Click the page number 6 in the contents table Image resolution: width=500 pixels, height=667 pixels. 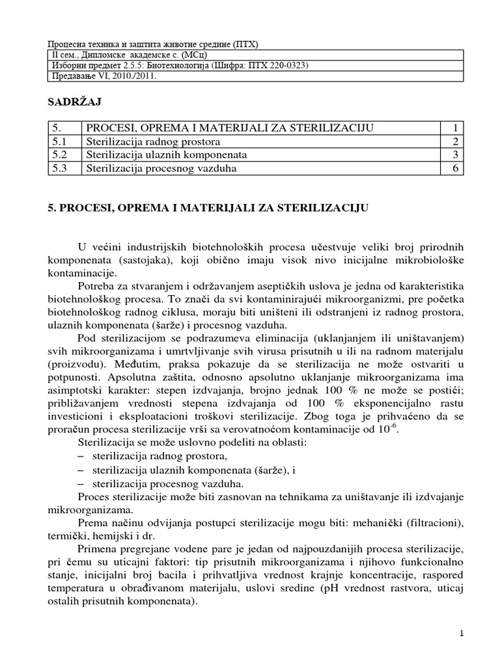pos(457,169)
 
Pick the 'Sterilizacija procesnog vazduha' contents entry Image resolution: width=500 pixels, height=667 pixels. pos(160,169)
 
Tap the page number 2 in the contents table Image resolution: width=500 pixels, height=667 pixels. pos(457,141)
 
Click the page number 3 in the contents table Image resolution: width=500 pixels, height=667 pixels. pos(457,155)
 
